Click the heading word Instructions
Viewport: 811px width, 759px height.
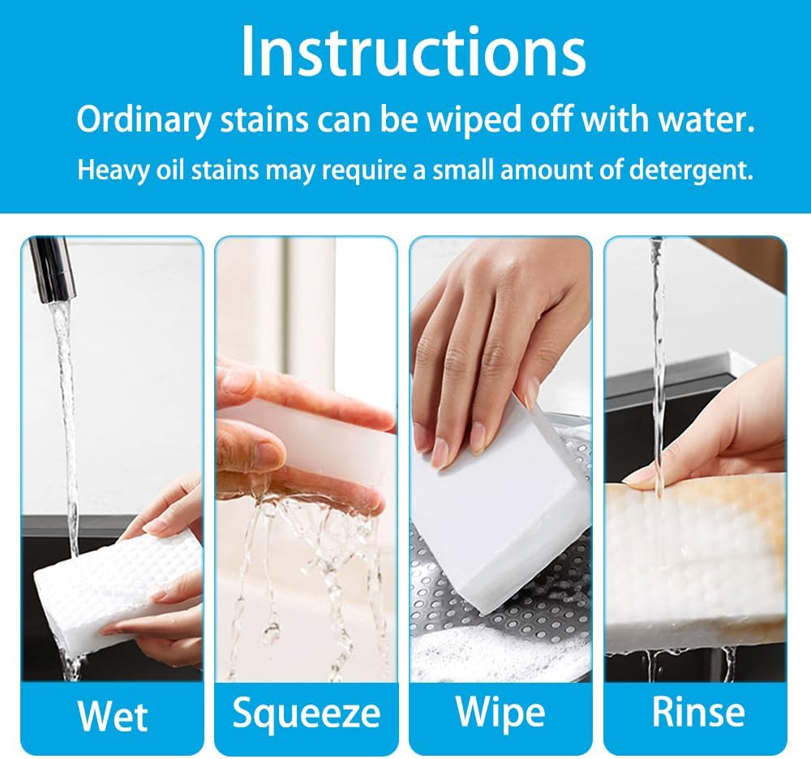[x=413, y=52]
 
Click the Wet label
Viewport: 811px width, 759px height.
[x=113, y=716]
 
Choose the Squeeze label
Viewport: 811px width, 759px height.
[x=307, y=713]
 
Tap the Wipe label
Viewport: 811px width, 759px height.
[x=500, y=712]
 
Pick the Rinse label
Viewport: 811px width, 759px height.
[x=698, y=712]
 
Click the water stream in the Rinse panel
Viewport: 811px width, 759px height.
[x=657, y=365]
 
